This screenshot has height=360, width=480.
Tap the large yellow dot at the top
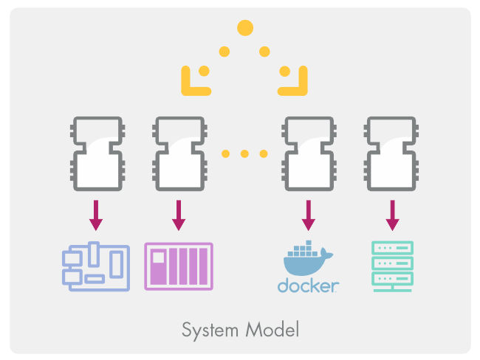click(x=245, y=28)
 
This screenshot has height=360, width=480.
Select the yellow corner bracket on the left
click(x=193, y=81)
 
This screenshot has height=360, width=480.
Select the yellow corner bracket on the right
click(x=293, y=81)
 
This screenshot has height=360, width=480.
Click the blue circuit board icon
click(x=95, y=266)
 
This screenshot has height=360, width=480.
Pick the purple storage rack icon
click(x=178, y=266)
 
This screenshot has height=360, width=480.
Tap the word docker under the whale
click(x=308, y=285)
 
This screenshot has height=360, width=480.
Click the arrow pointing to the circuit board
click(x=95, y=213)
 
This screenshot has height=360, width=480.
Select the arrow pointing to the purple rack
click(x=178, y=213)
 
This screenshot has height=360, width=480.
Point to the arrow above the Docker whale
click(x=309, y=213)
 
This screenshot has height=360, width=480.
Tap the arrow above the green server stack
click(x=392, y=213)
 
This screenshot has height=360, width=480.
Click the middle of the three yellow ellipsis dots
click(x=244, y=153)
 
